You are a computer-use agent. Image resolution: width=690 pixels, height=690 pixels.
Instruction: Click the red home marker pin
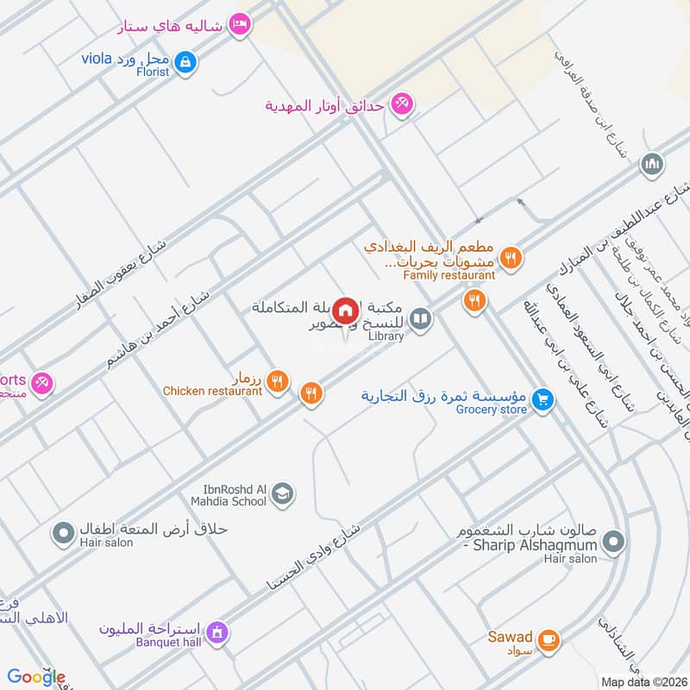[x=346, y=310]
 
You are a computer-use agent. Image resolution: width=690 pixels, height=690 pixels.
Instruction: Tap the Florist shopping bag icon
[x=185, y=61]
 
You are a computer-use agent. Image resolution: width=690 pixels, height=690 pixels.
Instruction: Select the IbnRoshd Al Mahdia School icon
[x=282, y=494]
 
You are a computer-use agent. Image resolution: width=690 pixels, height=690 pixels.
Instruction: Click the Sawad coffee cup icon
[x=548, y=640]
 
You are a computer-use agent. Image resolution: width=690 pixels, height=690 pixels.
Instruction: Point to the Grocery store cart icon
[x=542, y=398]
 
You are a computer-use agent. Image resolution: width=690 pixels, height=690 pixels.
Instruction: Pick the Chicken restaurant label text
[x=212, y=391]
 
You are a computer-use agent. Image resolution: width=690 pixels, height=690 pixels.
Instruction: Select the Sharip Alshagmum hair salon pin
[x=613, y=543]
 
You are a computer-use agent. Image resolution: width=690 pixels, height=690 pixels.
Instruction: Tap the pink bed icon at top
[x=241, y=24]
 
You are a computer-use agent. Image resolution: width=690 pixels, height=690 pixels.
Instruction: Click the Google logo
[x=36, y=677]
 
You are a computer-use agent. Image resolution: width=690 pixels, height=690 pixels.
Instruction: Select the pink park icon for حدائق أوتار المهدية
[x=401, y=105]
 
